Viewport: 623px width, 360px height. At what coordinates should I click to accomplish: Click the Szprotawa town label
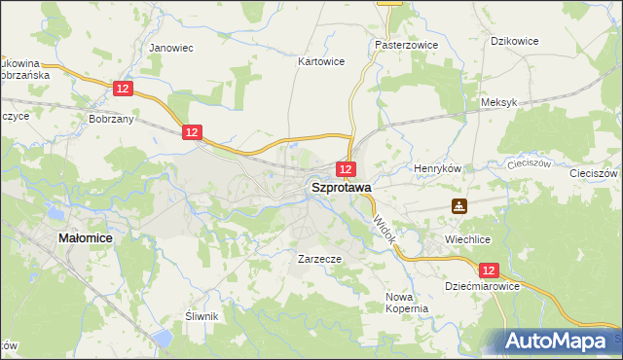pyautogui.click(x=340, y=188)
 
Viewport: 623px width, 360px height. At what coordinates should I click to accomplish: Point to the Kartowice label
pyautogui.click(x=320, y=60)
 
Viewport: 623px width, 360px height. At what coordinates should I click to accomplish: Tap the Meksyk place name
pyautogui.click(x=498, y=102)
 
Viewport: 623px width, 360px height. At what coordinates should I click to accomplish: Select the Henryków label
pyautogui.click(x=436, y=168)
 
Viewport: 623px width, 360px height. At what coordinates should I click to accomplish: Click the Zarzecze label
pyautogui.click(x=318, y=260)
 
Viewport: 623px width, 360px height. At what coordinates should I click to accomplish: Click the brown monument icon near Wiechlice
pyautogui.click(x=458, y=206)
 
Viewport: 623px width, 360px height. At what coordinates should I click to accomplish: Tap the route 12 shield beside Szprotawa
pyautogui.click(x=347, y=169)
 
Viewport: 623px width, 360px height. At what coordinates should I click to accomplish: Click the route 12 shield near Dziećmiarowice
pyautogui.click(x=489, y=270)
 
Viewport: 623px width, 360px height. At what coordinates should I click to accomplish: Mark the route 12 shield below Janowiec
pyautogui.click(x=122, y=89)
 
